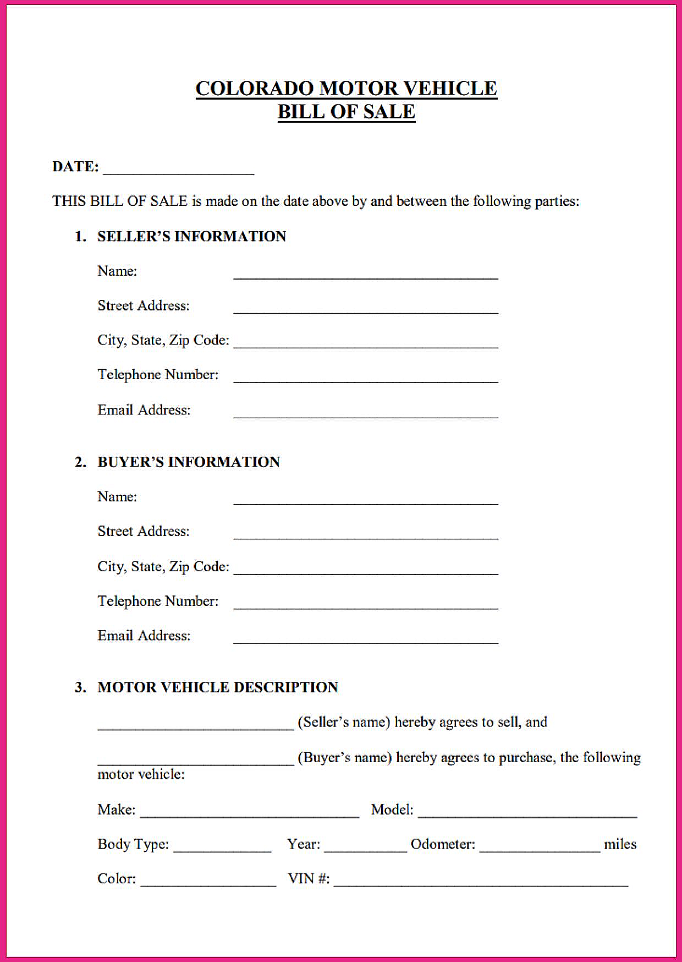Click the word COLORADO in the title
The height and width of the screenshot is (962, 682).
pyautogui.click(x=254, y=89)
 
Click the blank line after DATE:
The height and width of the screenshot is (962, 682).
pyautogui.click(x=179, y=172)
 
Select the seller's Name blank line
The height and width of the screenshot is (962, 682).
pyautogui.click(x=366, y=276)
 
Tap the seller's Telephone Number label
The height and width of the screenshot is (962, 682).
pyautogui.click(x=158, y=375)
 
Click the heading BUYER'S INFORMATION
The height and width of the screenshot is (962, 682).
pyautogui.click(x=189, y=462)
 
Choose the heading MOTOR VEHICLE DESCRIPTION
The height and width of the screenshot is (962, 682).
pyautogui.click(x=218, y=687)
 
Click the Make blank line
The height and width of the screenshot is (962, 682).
pyautogui.click(x=250, y=815)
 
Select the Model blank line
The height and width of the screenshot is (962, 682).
pyautogui.click(x=527, y=815)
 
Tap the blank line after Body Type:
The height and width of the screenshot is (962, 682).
pyautogui.click(x=222, y=850)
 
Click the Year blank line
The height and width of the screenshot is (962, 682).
pyautogui.click(x=365, y=850)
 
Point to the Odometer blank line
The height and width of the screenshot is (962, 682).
pyautogui.click(x=540, y=850)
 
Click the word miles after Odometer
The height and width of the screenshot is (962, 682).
pyautogui.click(x=620, y=844)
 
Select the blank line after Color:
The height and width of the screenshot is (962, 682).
pyautogui.click(x=208, y=884)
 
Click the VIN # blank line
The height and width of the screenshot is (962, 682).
pyautogui.click(x=481, y=884)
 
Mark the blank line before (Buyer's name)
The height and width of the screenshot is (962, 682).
pyautogui.click(x=196, y=763)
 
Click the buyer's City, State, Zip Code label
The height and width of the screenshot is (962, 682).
pyautogui.click(x=163, y=567)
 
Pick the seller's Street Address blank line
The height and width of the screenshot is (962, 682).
pyautogui.click(x=366, y=311)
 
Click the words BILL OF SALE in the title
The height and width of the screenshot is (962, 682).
pyautogui.click(x=346, y=112)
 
